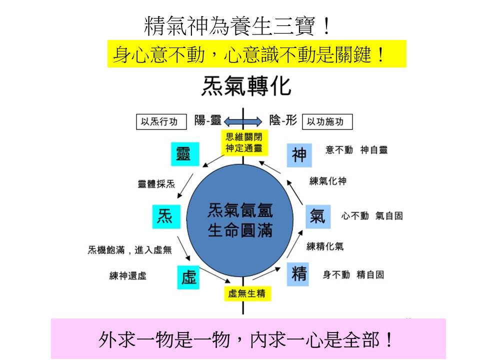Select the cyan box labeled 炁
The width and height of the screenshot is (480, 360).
click(165, 216)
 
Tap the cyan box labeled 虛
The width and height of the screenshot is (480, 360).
click(188, 277)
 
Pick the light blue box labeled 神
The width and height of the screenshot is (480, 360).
click(299, 154)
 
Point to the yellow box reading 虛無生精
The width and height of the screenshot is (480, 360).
click(246, 293)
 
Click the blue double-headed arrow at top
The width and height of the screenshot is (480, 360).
click(243, 121)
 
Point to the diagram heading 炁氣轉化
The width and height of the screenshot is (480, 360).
click(245, 86)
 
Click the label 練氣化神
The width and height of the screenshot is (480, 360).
click(327, 181)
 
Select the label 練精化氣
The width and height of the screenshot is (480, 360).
click(325, 246)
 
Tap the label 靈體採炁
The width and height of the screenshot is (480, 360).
click(156, 184)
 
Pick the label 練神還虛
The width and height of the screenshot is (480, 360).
click(128, 275)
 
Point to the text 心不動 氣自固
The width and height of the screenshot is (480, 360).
click(372, 216)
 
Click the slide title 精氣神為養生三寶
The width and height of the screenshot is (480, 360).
click(237, 26)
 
